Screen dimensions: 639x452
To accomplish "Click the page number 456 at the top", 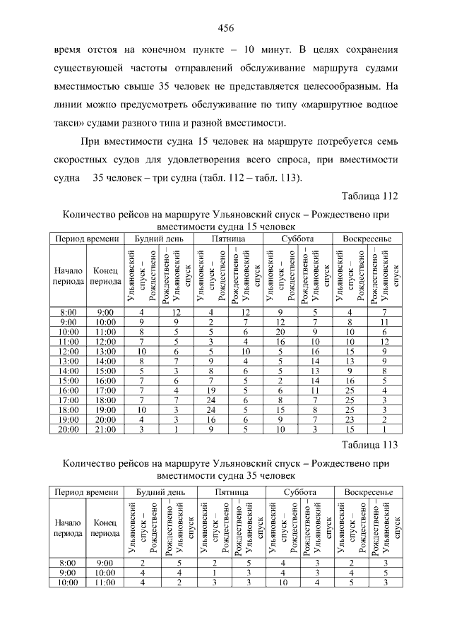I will pyautogui.click(x=225, y=28).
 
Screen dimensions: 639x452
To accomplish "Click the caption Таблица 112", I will pyautogui.click(x=370, y=196).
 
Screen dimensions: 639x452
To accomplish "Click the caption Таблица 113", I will pyautogui.click(x=370, y=445).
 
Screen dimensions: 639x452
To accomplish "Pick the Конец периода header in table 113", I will pyautogui.click(x=105, y=527).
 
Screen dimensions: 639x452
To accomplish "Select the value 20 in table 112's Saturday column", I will pyautogui.click(x=280, y=331).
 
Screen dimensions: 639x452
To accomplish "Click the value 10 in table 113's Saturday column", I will pyautogui.click(x=280, y=583).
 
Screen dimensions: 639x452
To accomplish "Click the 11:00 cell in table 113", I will pyautogui.click(x=105, y=583).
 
